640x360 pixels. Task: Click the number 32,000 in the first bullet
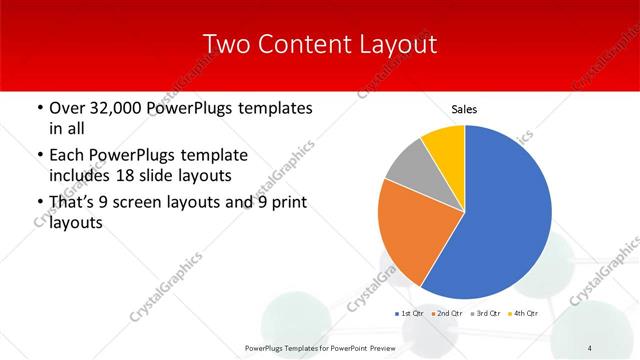point(116,108)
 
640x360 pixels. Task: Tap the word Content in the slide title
point(303,44)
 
